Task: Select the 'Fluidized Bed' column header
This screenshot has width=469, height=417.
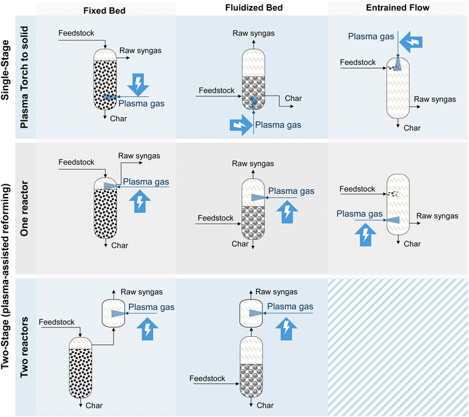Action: (x=252, y=7)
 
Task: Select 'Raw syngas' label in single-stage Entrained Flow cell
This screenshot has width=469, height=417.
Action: (x=435, y=99)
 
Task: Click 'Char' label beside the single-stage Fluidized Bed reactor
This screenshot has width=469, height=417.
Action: (x=293, y=98)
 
